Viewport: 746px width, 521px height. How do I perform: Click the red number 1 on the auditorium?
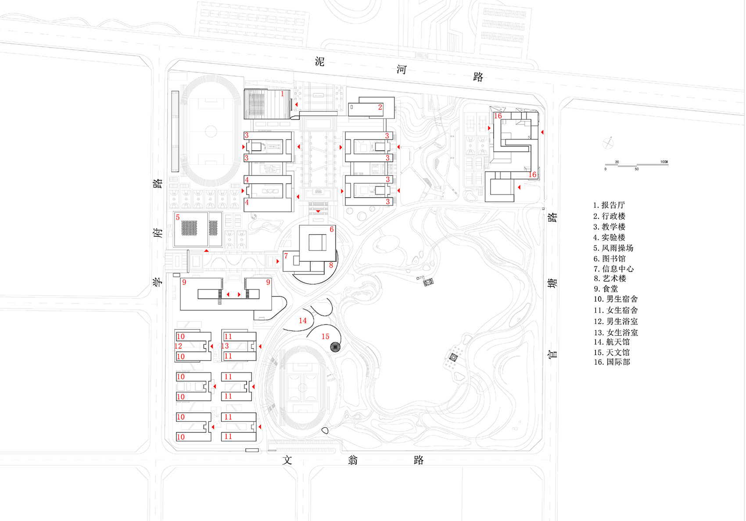pos(282,93)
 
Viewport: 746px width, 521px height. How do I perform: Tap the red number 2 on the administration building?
pos(380,107)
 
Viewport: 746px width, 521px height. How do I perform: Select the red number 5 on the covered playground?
pos(178,217)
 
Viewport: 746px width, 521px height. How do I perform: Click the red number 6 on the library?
pos(332,229)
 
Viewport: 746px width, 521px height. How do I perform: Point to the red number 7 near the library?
pos(286,256)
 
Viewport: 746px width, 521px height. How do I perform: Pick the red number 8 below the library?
pos(331,265)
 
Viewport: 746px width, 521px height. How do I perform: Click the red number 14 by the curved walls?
pos(303,321)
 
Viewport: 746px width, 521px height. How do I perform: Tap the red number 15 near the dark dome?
pos(325,336)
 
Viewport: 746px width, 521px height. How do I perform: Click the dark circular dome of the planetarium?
pos(336,347)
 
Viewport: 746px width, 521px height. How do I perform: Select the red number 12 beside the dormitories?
pos(178,346)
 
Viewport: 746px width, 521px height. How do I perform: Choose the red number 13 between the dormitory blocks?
pos(225,346)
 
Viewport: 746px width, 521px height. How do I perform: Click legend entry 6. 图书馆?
pos(610,259)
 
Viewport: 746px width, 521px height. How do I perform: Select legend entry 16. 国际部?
pos(612,362)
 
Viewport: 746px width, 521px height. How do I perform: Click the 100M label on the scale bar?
pos(664,162)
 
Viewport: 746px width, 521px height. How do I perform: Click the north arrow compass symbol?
pos(608,143)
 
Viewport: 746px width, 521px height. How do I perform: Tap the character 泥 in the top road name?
pos(319,61)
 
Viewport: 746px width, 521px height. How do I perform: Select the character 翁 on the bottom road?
pos(353,460)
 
